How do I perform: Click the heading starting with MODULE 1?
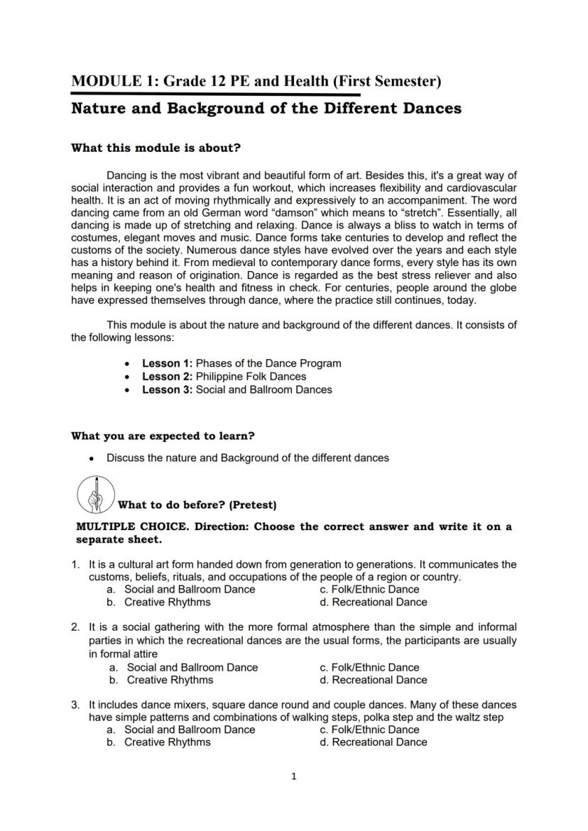pos(256,81)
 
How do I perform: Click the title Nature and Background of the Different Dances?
pos(266,109)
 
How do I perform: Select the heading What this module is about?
pos(156,148)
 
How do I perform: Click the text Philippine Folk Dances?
pos(251,376)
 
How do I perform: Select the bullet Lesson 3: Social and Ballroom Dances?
pos(236,389)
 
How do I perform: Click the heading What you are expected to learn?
pos(163,436)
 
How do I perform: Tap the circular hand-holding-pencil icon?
pos(94,495)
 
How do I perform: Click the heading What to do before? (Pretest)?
pos(197,505)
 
